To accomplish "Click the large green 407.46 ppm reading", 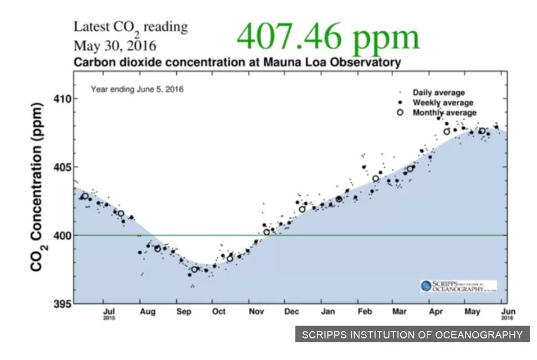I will click(x=328, y=37).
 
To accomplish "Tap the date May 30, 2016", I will click(x=115, y=45).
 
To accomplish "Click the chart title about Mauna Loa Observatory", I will click(x=237, y=62).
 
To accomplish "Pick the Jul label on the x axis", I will click(x=110, y=312).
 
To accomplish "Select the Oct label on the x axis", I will click(x=218, y=312).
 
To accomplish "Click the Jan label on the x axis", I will click(x=328, y=312).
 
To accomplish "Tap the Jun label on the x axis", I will click(x=508, y=312).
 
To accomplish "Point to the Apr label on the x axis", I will click(x=436, y=312).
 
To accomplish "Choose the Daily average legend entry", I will click(x=438, y=92).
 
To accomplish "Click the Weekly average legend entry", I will click(x=442, y=102).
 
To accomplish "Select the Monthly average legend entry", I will click(x=444, y=113).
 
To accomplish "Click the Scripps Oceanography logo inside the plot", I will click(x=458, y=286).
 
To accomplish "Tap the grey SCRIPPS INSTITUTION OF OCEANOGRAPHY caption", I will click(x=412, y=335).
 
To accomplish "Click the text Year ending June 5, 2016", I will click(x=137, y=89).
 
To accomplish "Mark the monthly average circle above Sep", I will click(x=195, y=270).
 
